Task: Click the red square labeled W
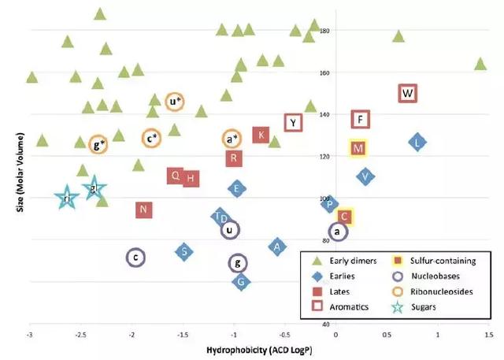click(x=407, y=94)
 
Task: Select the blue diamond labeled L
click(x=418, y=143)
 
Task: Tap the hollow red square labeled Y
click(x=294, y=122)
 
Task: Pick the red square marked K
click(x=261, y=135)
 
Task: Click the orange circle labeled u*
click(x=175, y=101)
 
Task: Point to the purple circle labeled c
click(x=135, y=258)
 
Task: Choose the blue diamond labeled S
click(x=183, y=252)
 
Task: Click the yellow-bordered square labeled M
click(x=358, y=148)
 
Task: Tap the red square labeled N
click(x=143, y=210)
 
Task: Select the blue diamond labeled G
click(x=242, y=282)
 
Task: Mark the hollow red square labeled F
click(x=360, y=120)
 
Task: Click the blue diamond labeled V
click(x=365, y=176)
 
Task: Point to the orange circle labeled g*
click(x=98, y=144)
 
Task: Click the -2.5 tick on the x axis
click(x=81, y=335)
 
